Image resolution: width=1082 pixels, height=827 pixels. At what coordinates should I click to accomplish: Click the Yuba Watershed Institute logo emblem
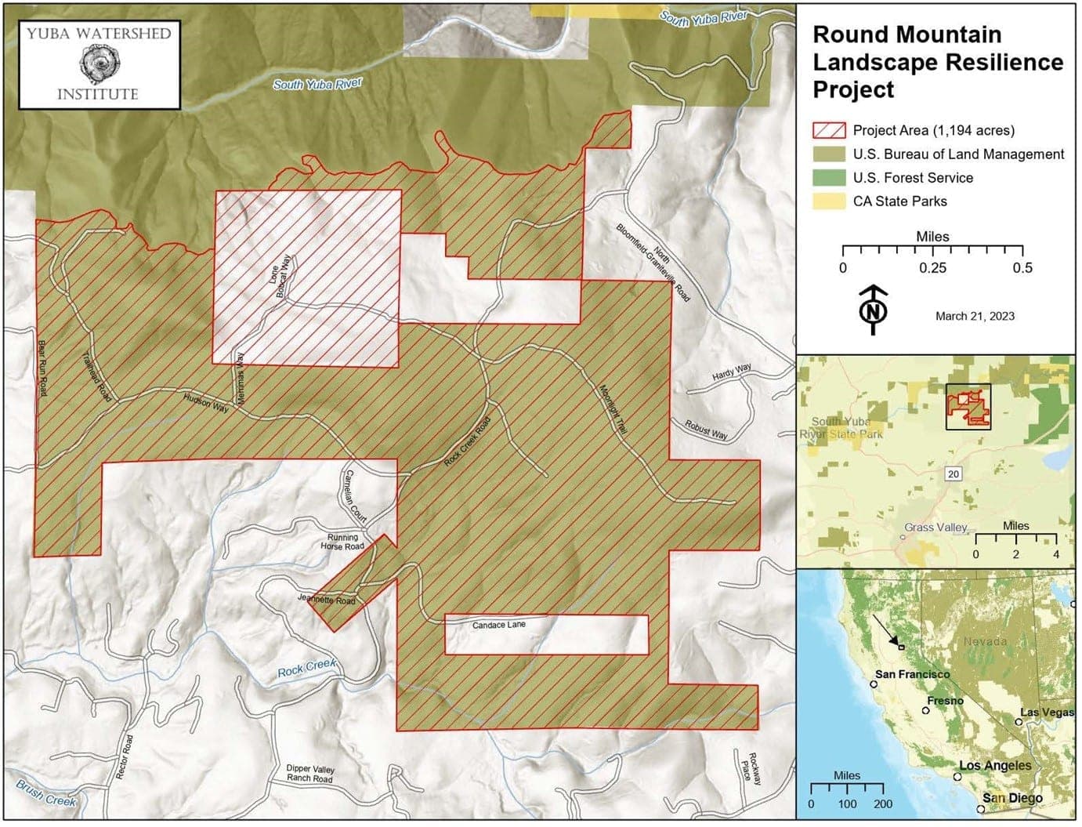point(99,63)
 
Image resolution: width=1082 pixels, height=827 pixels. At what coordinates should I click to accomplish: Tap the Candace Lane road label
point(499,626)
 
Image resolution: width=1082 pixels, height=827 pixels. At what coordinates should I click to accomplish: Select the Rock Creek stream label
point(306,668)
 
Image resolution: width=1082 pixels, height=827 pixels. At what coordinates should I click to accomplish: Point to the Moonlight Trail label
point(613,409)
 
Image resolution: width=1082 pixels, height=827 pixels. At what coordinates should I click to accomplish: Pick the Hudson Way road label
point(206,403)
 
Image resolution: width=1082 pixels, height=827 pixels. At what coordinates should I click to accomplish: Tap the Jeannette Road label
point(327,600)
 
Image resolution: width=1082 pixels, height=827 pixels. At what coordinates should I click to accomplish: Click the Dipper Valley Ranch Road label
point(309,774)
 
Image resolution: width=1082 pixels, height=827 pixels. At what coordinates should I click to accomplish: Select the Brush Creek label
point(46,794)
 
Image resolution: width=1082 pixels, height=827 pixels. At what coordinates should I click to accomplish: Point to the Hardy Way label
point(731,372)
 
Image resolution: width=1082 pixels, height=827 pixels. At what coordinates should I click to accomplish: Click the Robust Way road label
point(706,430)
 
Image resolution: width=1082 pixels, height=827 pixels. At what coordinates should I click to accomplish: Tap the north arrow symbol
point(873,311)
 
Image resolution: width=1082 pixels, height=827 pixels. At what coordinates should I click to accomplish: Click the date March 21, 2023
point(975,316)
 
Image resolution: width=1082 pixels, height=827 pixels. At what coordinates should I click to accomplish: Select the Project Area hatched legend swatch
point(829,131)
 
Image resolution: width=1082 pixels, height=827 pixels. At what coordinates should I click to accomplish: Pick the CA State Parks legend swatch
point(829,201)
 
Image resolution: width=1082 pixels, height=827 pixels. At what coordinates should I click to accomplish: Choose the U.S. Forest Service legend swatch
point(829,178)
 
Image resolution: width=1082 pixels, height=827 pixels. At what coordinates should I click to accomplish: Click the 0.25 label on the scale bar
point(932,268)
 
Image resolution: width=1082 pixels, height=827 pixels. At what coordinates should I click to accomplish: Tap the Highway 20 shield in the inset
point(953,474)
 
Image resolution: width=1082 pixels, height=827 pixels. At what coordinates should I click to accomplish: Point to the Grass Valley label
point(935,528)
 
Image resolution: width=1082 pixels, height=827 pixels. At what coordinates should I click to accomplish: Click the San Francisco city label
point(912,674)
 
